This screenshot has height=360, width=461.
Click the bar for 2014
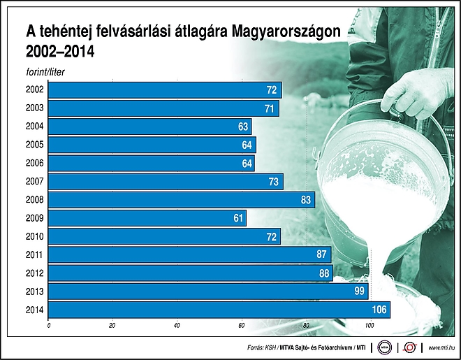point(219,310)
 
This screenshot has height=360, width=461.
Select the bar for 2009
point(147,218)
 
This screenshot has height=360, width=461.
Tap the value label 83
point(306,200)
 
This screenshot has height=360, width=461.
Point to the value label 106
point(379,310)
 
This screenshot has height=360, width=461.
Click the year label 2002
point(35,89)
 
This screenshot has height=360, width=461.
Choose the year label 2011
point(34,254)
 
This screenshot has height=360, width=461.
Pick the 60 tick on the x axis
point(242,326)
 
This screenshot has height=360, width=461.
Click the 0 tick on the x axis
point(49,326)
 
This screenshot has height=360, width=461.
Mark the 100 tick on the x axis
point(369,326)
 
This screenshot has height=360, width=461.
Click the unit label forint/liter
point(45,72)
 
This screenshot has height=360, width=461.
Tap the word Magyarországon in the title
point(286,31)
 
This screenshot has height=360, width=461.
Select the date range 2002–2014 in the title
point(60,52)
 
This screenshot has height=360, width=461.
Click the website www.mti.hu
point(441,348)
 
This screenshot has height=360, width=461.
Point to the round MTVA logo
point(385,347)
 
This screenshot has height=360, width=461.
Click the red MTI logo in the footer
point(410,347)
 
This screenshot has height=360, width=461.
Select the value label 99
point(359,291)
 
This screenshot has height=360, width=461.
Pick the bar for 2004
point(150,127)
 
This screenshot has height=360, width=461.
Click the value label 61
point(238,218)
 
